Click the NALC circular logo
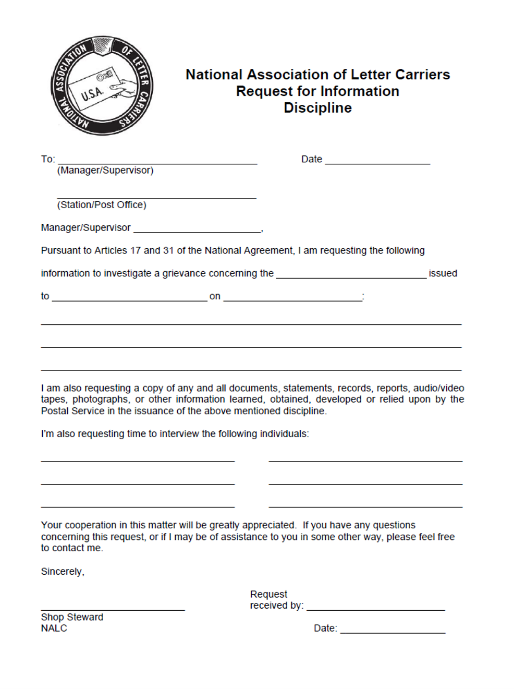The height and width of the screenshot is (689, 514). click(102, 86)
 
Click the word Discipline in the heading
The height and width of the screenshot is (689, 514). click(317, 108)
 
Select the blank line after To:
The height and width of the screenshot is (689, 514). click(157, 161)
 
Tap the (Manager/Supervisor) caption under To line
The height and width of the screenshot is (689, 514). click(105, 171)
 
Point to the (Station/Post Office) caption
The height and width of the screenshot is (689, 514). click(102, 205)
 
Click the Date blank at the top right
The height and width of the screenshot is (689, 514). click(377, 161)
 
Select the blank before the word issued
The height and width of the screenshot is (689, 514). click(351, 275)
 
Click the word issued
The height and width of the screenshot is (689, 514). click(443, 273)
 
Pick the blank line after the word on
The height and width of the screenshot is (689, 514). click(292, 298)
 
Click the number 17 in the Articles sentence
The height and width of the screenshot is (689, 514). click(136, 251)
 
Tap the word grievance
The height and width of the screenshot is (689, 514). click(183, 273)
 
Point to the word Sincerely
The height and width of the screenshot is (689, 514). click(62, 572)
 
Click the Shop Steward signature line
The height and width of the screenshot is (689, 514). click(113, 607)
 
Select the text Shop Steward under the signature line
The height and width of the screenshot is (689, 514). click(72, 618)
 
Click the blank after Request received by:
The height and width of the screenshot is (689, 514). click(375, 607)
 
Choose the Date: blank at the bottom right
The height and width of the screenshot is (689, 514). click(393, 630)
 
